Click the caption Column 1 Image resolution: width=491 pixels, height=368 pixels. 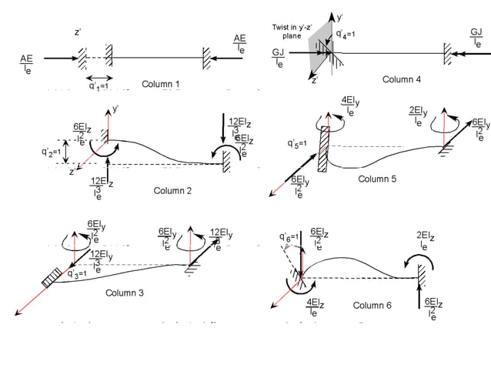(161, 84)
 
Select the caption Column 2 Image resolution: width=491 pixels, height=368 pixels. (172, 190)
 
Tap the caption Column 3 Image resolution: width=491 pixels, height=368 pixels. (125, 293)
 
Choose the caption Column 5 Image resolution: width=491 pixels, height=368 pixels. (377, 179)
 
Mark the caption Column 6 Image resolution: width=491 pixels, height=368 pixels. (372, 306)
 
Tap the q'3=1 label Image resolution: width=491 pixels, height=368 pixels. (81, 273)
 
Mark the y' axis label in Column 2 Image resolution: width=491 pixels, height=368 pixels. (116, 109)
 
